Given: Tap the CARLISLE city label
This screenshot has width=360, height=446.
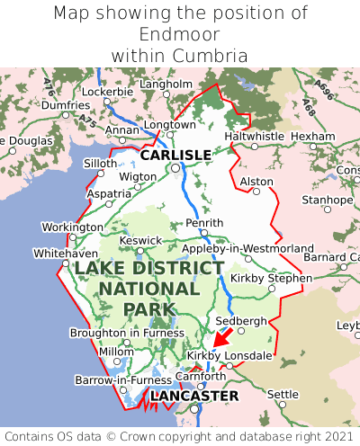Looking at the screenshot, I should (x=175, y=155).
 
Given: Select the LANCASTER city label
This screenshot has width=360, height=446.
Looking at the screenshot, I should (x=194, y=396).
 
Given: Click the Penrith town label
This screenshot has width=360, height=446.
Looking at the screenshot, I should (x=203, y=222).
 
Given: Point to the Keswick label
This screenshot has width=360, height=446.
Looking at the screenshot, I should (x=141, y=240).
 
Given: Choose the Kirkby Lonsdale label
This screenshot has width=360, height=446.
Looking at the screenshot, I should (x=229, y=356).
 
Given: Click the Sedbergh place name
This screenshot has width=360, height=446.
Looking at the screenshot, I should (x=241, y=321).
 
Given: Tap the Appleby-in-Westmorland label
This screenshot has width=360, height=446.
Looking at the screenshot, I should (x=247, y=248).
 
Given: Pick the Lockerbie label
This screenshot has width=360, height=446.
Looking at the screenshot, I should (x=107, y=92).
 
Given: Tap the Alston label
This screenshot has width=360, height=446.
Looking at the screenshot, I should (x=256, y=182).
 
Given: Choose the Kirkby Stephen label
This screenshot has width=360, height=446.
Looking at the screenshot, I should (x=271, y=278).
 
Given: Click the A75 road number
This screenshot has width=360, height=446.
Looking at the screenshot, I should (x=85, y=119).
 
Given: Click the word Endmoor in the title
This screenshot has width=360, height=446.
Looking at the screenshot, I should (x=180, y=34).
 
